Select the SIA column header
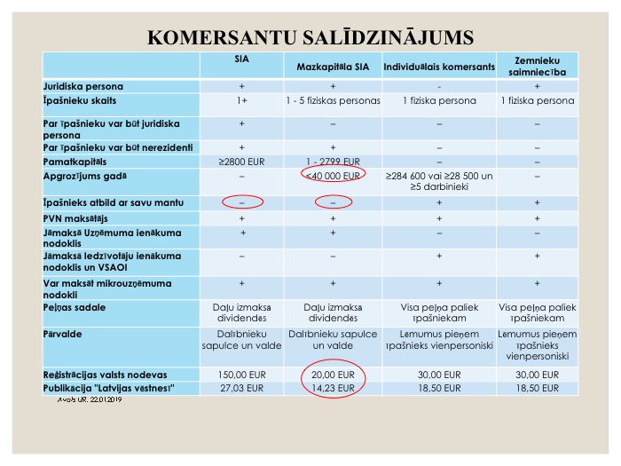241,60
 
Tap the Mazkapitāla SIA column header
334,67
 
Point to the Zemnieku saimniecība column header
538,66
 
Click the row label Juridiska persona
83,87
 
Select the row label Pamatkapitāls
75,162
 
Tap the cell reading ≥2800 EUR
242,162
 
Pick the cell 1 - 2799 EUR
333,162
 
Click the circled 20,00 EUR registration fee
333,375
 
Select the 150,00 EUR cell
242,375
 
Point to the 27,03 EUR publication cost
242,388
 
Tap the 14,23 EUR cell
333,388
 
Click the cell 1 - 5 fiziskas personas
333,101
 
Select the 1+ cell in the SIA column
242,101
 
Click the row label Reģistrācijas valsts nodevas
106,375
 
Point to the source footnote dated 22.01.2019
88,400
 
